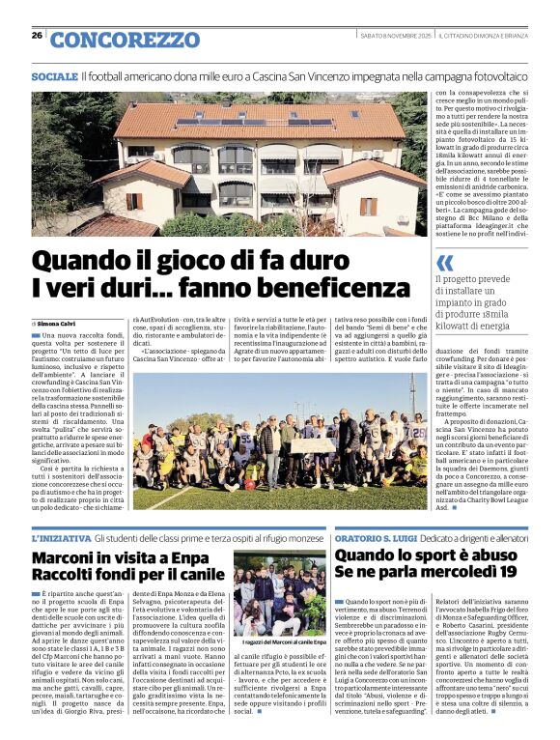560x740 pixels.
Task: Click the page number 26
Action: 37,35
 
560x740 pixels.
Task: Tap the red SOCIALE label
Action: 54,75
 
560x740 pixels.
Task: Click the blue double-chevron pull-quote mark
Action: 444,263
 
